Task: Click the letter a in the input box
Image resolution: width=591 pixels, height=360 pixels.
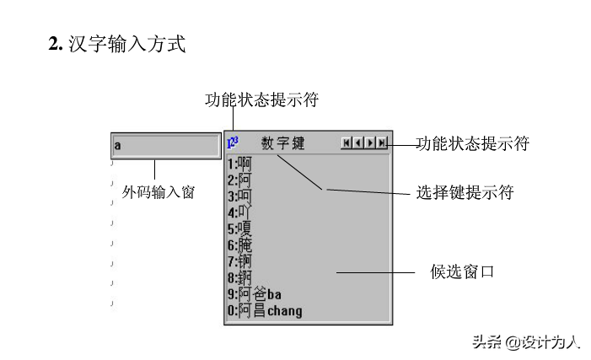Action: (x=118, y=146)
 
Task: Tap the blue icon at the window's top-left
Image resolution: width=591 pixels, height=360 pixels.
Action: (x=233, y=142)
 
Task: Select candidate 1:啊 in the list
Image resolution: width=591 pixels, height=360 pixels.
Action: (x=239, y=164)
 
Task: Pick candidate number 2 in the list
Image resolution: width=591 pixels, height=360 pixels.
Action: (x=239, y=180)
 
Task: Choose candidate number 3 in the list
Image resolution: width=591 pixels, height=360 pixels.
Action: (x=239, y=196)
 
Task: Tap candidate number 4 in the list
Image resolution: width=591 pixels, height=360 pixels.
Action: (x=239, y=212)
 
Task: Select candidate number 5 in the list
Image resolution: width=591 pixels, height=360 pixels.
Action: (x=239, y=228)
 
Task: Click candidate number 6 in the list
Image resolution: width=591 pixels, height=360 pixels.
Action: (x=239, y=245)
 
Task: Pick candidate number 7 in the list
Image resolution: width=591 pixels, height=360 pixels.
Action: (x=239, y=261)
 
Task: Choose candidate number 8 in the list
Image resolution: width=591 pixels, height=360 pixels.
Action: (x=239, y=277)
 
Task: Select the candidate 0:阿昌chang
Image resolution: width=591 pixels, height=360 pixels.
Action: (x=264, y=310)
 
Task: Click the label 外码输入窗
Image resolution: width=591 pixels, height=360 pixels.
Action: (x=158, y=192)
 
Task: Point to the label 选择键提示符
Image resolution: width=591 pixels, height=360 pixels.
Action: (x=465, y=192)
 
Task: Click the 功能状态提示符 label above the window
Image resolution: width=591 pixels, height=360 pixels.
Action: (x=261, y=99)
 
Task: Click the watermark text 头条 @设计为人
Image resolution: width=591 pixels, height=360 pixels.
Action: (x=525, y=342)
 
